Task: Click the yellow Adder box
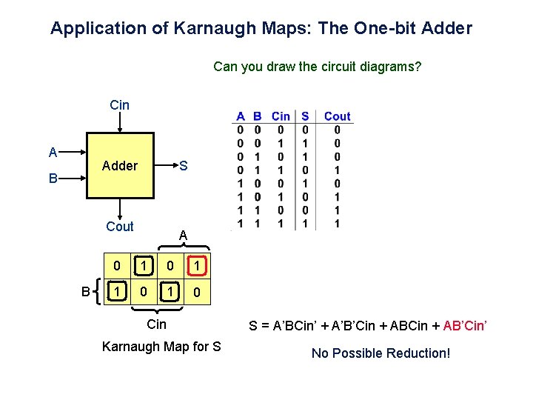(120, 166)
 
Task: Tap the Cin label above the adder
(119, 105)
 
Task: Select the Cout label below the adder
(120, 227)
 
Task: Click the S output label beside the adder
(184, 166)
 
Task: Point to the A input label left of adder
(53, 153)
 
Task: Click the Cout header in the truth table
(337, 116)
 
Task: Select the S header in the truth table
(305, 116)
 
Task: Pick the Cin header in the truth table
(281, 116)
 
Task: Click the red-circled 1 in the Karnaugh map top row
(195, 265)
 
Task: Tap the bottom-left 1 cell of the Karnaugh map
(116, 293)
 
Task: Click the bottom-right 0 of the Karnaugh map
(195, 293)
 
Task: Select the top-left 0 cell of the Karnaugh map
(116, 265)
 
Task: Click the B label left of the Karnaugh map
(85, 292)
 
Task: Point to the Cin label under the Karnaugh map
(157, 324)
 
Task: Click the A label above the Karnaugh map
(184, 236)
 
